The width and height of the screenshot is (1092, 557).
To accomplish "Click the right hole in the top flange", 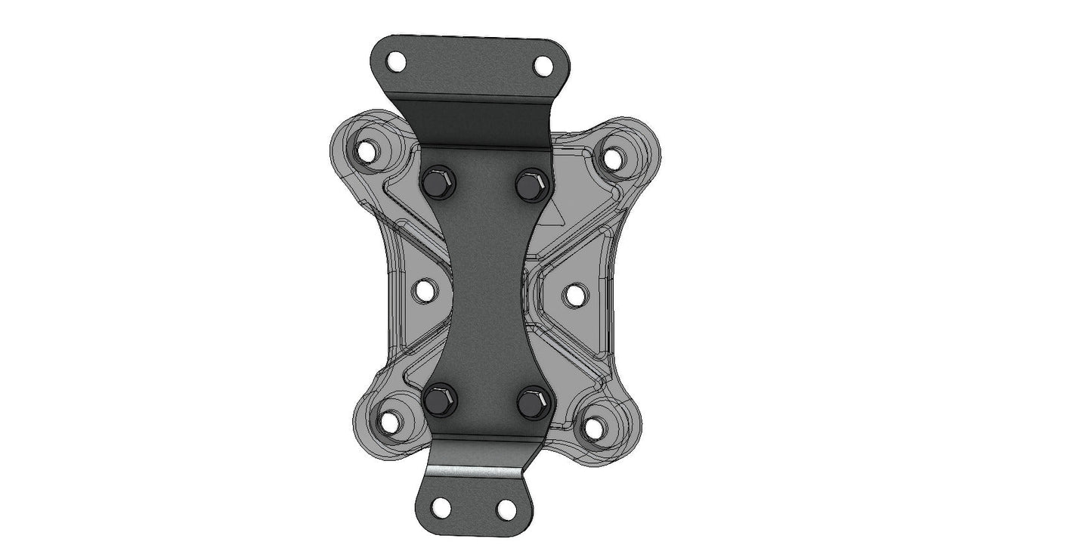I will [x=543, y=66].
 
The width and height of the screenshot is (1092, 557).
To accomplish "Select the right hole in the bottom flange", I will [x=507, y=509].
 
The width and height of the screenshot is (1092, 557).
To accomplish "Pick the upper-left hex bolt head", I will [x=438, y=183].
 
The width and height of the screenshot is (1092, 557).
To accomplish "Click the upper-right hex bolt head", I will [x=533, y=184].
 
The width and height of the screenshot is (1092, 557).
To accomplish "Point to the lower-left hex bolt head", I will [x=439, y=399].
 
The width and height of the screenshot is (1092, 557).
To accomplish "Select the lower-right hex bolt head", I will [x=534, y=401].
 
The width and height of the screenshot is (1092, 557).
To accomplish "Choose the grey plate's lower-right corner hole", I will [x=595, y=428].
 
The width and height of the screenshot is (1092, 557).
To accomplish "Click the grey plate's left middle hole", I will [x=424, y=289].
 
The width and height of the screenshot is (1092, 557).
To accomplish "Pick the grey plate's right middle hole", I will [x=575, y=295].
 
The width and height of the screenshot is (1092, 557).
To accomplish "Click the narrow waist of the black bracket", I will [x=484, y=291].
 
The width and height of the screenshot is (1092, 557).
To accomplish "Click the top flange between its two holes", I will [x=469, y=64].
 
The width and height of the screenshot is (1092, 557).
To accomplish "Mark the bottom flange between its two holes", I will [x=474, y=507].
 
